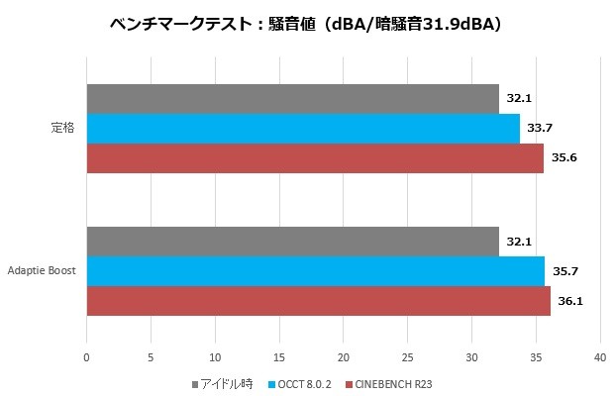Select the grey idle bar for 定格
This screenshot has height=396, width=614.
[292, 99]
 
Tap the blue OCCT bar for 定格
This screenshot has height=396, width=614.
[302, 129]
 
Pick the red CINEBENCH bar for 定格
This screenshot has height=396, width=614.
[314, 158]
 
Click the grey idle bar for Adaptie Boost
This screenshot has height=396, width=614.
[292, 242]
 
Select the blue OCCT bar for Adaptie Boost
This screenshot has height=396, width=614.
[315, 271]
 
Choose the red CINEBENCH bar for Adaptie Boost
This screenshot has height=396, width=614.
[318, 301]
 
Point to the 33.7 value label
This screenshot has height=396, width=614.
[540, 129]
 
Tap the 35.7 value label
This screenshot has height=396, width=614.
[565, 271]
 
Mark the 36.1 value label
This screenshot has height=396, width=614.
[570, 301]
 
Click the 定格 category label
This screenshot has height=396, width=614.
[62, 129]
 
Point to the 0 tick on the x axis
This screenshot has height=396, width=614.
[86, 357]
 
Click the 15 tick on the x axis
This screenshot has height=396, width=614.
[278, 357]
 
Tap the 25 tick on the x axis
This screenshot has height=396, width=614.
[407, 357]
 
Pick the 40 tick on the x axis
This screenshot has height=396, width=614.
[599, 357]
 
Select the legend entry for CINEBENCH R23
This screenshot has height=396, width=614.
[389, 382]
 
